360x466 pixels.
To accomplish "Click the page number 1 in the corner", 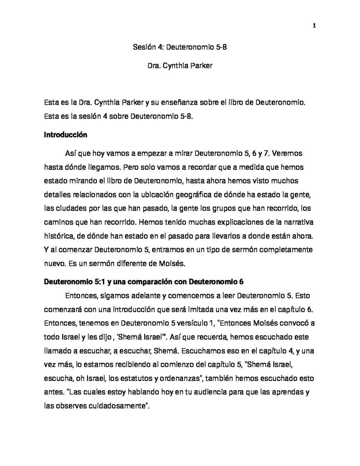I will pos(314,25).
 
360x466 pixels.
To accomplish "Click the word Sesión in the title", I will pos(143,47).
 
